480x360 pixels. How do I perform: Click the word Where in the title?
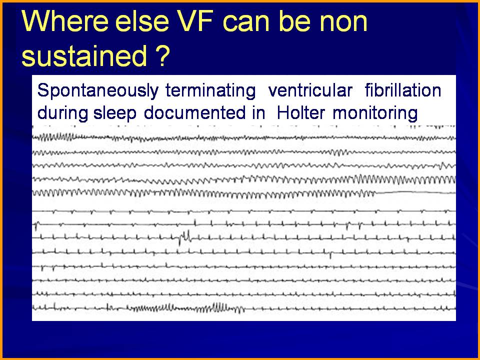pyautogui.click(x=65, y=21)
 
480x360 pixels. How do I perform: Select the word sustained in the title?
pyautogui.click(x=84, y=55)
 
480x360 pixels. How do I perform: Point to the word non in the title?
pyautogui.click(x=343, y=24)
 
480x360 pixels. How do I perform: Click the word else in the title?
pyautogui.click(x=142, y=21)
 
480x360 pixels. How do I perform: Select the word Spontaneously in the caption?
pyautogui.click(x=97, y=90)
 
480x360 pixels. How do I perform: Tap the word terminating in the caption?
pyautogui.click(x=210, y=91)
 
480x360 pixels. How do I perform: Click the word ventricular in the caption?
pyautogui.click(x=310, y=90)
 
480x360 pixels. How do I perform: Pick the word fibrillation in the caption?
pyautogui.click(x=403, y=90)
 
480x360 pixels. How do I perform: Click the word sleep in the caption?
pyautogui.click(x=115, y=113)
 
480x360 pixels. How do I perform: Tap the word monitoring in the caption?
pyautogui.click(x=375, y=113)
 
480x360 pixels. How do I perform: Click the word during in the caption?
pyautogui.click(x=62, y=113)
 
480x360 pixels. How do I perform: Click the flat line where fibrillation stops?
pyautogui.click(x=415, y=192)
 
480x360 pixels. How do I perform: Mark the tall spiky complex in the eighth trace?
pyautogui.click(x=185, y=237)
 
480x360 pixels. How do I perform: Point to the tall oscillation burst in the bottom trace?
pyautogui.click(x=220, y=306)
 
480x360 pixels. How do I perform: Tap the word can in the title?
pyautogui.click(x=247, y=24)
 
